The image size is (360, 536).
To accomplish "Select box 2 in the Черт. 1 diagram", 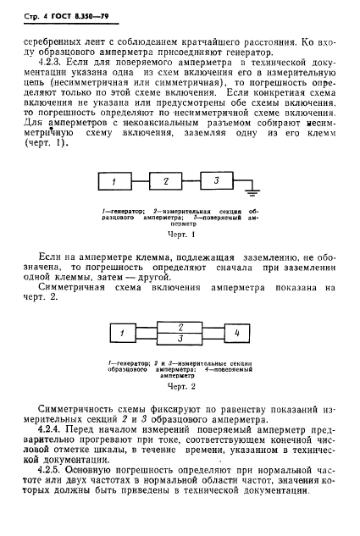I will [166, 182].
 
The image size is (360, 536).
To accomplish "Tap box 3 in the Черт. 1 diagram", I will [217, 181].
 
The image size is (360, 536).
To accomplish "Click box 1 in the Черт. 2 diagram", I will [122, 334].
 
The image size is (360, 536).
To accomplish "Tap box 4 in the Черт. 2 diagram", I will [237, 333].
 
